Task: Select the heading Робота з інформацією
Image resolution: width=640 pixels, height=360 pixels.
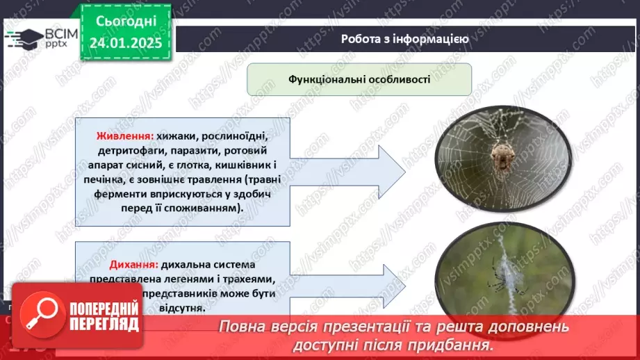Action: click(404, 39)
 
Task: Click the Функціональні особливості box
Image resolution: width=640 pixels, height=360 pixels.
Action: click(359, 79)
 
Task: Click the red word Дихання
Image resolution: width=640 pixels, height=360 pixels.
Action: click(133, 265)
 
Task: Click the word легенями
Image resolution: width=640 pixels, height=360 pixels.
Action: click(195, 279)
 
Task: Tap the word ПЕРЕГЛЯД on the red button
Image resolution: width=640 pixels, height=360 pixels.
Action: click(104, 324)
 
